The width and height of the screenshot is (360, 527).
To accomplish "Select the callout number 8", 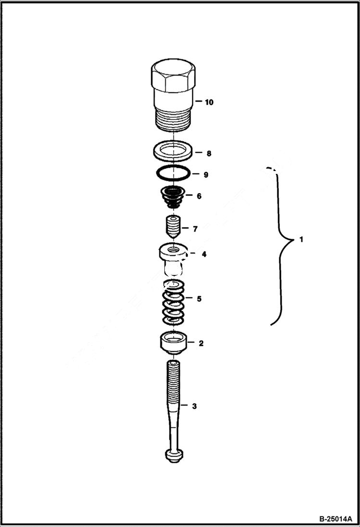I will click(209, 154).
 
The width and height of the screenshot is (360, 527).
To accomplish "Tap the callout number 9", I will click(206, 175).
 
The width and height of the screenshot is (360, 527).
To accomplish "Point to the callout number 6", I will click(199, 196).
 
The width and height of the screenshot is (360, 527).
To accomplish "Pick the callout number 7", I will click(195, 229).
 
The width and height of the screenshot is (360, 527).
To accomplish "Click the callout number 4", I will click(204, 254).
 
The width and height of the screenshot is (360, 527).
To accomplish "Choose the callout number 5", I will click(199, 298).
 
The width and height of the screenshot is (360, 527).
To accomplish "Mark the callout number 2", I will click(201, 343).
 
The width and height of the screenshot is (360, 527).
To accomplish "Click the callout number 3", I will click(194, 406).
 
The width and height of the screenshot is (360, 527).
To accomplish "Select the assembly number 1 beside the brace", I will click(301, 239).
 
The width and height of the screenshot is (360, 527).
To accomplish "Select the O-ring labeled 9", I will click(172, 172).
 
